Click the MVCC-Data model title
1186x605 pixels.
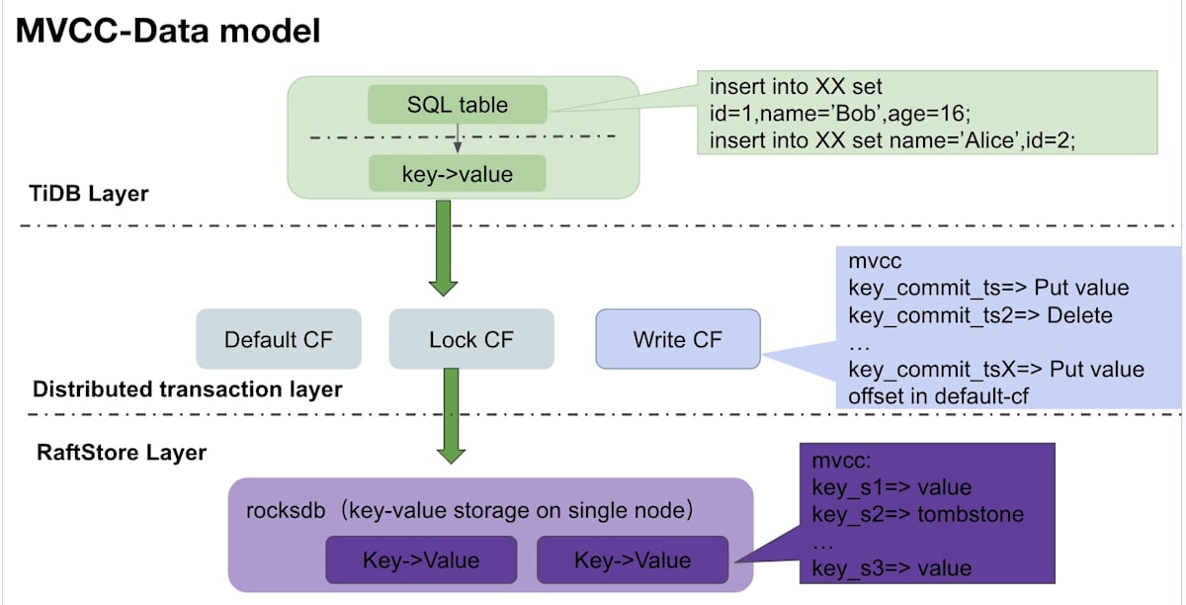coord(168,31)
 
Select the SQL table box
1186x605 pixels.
coord(458,105)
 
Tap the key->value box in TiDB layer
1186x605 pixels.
coord(458,173)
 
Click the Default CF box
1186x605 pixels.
coord(279,339)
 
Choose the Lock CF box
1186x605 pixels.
coord(471,339)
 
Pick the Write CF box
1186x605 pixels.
coord(678,339)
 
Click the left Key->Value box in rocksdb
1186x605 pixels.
coord(421,560)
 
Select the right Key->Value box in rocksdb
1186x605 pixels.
coord(633,560)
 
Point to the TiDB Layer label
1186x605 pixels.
coord(88,194)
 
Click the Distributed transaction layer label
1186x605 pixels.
coord(188,389)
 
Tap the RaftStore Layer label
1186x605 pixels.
coord(122,453)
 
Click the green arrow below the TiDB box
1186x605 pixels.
coord(443,248)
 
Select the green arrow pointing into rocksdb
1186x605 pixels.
coord(451,416)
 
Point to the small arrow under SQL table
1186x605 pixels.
coord(458,138)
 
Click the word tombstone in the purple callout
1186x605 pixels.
coord(971,514)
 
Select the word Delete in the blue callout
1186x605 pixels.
coord(1079,315)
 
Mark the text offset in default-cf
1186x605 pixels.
coord(938,396)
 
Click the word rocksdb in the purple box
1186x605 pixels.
coord(286,511)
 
